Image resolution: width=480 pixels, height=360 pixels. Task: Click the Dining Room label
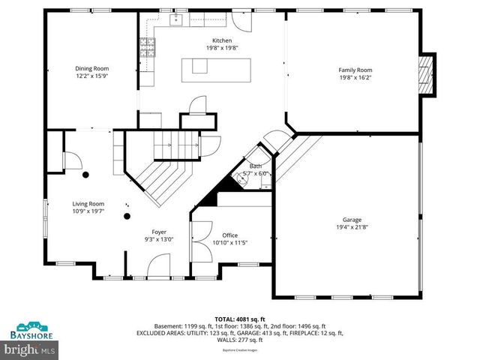(88, 67)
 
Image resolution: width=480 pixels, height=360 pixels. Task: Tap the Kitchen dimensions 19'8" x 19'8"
(222, 48)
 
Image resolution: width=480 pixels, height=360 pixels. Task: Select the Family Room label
(355, 69)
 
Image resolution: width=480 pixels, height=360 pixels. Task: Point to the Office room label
(229, 235)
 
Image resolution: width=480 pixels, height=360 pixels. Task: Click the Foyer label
(159, 232)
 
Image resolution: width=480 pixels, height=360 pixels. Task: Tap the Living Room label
(88, 203)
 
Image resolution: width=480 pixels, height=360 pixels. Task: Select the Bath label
(256, 166)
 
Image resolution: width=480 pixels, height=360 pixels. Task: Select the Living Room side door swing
(73, 159)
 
